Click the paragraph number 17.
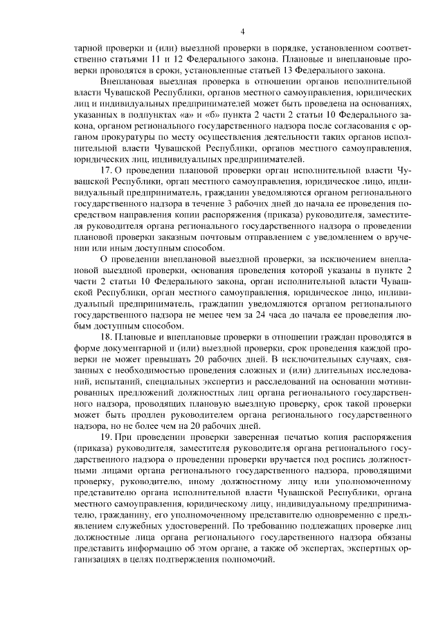tap(107, 169)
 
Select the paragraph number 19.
tap(107, 438)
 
